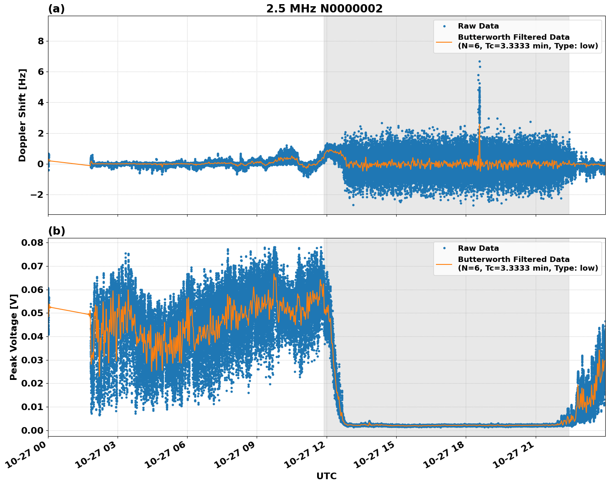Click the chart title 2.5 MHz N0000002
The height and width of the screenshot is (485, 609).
(324, 9)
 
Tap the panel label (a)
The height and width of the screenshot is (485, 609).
(56, 9)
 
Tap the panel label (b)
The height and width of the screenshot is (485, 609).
(56, 231)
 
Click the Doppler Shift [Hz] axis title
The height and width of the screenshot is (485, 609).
(22, 115)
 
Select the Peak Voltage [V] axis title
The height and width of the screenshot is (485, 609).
(14, 337)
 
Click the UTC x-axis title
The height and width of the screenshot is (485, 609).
(326, 476)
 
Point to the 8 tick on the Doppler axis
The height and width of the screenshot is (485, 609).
(41, 41)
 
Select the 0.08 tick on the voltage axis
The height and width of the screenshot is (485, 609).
(32, 242)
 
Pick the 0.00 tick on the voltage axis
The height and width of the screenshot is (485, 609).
(32, 430)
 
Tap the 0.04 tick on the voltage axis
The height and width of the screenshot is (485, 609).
(32, 336)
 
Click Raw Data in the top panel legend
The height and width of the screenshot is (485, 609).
(478, 26)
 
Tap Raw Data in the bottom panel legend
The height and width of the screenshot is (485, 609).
(478, 248)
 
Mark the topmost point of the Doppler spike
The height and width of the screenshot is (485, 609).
(479, 61)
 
